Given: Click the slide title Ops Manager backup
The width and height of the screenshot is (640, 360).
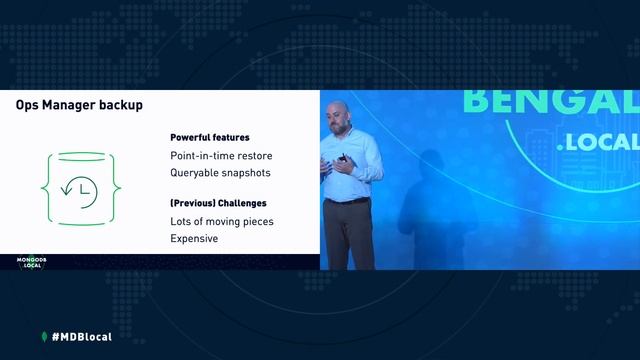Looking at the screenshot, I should (x=78, y=105).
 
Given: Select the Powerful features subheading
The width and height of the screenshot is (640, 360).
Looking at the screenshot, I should (x=210, y=137).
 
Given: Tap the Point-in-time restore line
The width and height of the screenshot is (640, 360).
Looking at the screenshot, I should (x=221, y=155).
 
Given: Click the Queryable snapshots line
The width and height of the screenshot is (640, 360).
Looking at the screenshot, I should (x=220, y=172).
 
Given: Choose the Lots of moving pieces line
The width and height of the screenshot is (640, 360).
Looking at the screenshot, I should (x=222, y=221).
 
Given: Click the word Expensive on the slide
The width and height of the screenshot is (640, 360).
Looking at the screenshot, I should (x=194, y=239).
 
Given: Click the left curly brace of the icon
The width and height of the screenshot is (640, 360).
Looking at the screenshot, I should (x=45, y=187).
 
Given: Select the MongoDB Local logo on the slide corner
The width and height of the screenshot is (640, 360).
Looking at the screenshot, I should (x=32, y=262).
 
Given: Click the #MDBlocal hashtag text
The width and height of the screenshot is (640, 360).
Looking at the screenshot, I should (x=81, y=336).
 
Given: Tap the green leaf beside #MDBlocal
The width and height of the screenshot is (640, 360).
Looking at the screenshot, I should (x=44, y=336).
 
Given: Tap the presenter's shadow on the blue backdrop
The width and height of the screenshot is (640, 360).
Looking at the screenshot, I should (x=425, y=205).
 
